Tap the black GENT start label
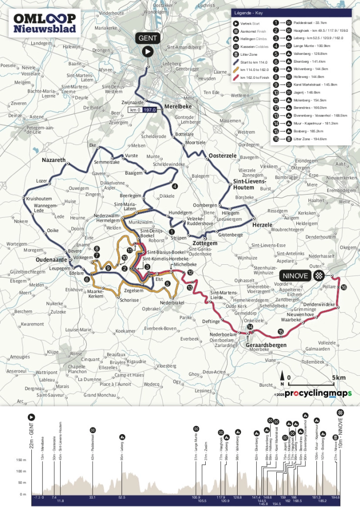point(147,39)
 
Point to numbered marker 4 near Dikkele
point(174,186)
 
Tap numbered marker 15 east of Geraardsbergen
point(280,332)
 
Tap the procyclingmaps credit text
point(318,393)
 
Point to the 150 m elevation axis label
point(20,460)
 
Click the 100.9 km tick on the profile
point(196,497)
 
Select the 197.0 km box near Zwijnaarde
point(148,110)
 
